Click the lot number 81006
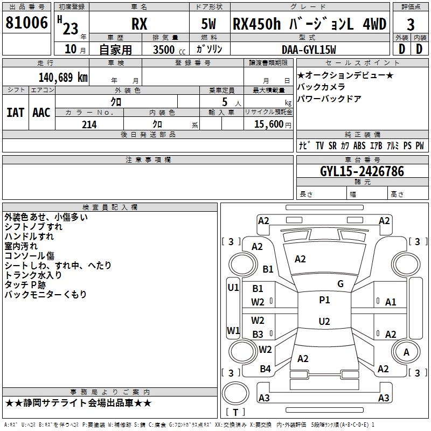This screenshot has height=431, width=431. point(26,23)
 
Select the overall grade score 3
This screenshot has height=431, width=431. point(411,25)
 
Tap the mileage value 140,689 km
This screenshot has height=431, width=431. point(63,78)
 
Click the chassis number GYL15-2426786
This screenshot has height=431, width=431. point(362,171)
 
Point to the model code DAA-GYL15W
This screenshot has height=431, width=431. point(309,50)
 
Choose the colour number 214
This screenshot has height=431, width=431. point(89,124)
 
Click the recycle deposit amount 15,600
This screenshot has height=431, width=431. point(268,124)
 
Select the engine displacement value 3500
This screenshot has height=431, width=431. point(164,50)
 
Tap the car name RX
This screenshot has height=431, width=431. point(140,24)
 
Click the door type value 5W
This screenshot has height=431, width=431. point(208,24)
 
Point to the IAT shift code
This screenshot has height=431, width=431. point(16,113)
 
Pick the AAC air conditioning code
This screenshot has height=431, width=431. point(41,113)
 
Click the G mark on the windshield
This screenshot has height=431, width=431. point(340,283)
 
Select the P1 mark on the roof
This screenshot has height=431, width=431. point(324,300)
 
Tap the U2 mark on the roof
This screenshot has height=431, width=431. point(324,321)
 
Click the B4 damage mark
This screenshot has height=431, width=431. point(265,369)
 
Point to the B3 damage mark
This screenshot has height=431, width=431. point(258,334)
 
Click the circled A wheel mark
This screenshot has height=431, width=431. point(406,352)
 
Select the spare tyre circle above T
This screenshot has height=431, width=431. point(235,393)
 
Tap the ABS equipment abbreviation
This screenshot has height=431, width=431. point(359,145)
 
